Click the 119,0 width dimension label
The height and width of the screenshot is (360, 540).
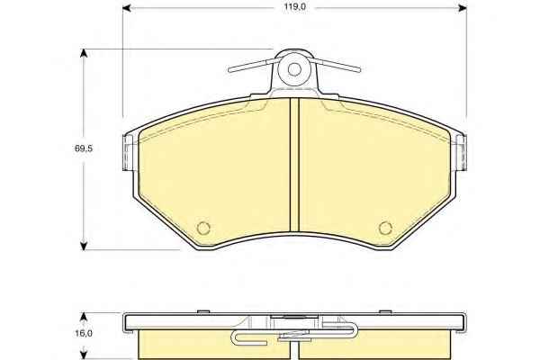pos(295,7)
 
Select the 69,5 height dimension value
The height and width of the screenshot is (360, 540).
pos(84,148)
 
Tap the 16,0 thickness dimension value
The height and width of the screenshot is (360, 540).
pos(84,333)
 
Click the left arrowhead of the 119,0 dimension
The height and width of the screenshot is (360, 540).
pos(127,7)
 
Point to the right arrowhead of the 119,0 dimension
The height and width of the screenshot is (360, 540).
pos(463,7)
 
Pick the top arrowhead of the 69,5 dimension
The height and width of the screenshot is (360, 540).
pos(84,53)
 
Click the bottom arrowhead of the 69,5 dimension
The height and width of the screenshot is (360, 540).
pos(84,246)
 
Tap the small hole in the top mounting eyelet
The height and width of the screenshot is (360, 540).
pos(294,69)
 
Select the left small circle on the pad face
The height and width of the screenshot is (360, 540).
pos(203,228)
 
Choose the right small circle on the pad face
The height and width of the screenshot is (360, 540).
pos(385,228)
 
